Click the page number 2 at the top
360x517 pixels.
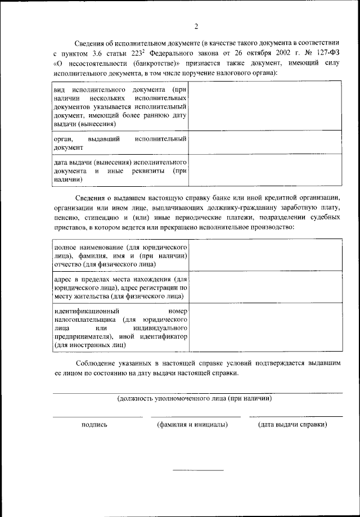196,26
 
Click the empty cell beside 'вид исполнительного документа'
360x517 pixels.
264,106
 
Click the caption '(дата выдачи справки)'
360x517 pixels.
292,425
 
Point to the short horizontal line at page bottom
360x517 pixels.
197,470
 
